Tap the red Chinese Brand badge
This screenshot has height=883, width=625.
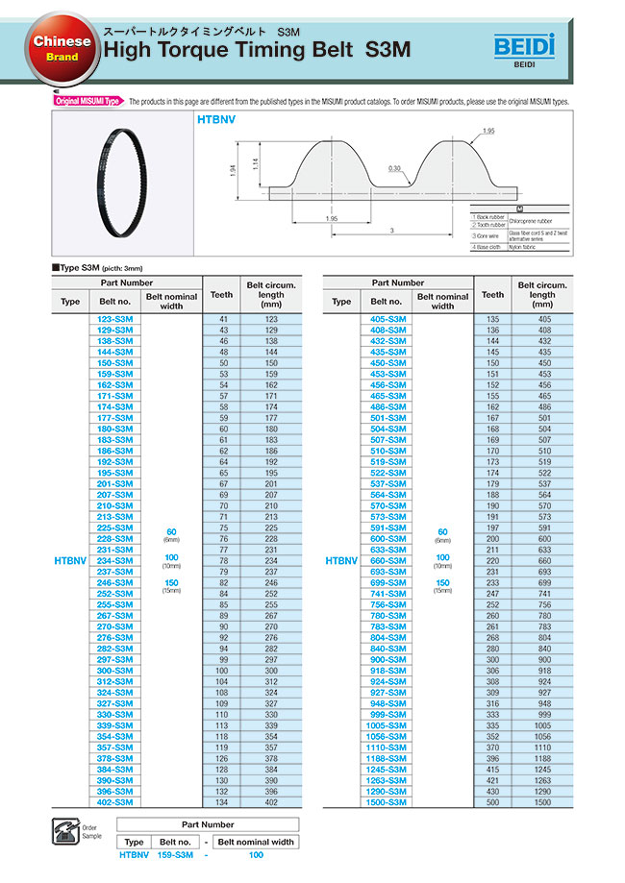pyautogui.click(x=62, y=49)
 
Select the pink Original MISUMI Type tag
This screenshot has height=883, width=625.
pyautogui.click(x=86, y=101)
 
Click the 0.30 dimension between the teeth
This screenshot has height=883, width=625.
pyautogui.click(x=395, y=168)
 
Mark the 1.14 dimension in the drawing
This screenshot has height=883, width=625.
pyautogui.click(x=254, y=164)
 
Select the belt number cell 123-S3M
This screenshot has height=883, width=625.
pyautogui.click(x=115, y=318)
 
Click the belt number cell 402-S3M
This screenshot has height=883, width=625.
pyautogui.click(x=115, y=801)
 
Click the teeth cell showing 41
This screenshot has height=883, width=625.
pyautogui.click(x=223, y=318)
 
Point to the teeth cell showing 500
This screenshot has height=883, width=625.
pyautogui.click(x=493, y=801)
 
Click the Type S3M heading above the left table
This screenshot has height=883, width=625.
pyautogui.click(x=87, y=268)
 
